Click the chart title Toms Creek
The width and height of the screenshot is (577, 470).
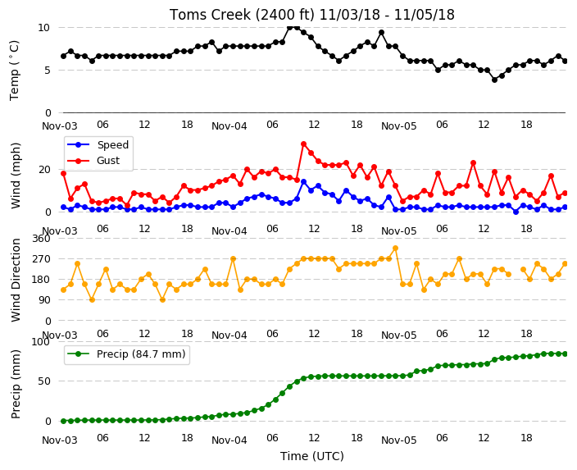(x=311, y=15)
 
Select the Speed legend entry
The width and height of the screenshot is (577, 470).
(x=98, y=144)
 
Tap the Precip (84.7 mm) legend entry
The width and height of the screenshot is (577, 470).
(x=126, y=354)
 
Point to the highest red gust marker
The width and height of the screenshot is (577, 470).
(x=303, y=144)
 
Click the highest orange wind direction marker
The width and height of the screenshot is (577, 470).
(x=396, y=249)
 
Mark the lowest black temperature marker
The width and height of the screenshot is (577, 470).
(x=494, y=80)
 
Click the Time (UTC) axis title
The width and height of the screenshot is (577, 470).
(x=312, y=456)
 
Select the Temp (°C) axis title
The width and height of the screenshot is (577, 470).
(x=15, y=71)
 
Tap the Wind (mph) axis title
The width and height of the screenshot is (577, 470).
(x=16, y=176)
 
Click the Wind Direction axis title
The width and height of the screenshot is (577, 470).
(x=16, y=280)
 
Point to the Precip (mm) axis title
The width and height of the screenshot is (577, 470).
(x=16, y=384)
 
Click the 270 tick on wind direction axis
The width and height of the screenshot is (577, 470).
(x=42, y=259)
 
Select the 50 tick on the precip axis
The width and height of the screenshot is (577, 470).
(x=44, y=381)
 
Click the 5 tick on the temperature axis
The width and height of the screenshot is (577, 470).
(x=48, y=70)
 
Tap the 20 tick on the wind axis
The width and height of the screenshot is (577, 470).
(x=44, y=170)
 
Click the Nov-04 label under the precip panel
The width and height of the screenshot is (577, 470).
(x=229, y=440)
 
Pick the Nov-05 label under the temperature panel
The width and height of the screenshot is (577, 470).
(x=399, y=126)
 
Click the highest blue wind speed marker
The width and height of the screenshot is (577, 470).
(x=303, y=182)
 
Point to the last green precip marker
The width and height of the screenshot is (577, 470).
(x=566, y=354)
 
